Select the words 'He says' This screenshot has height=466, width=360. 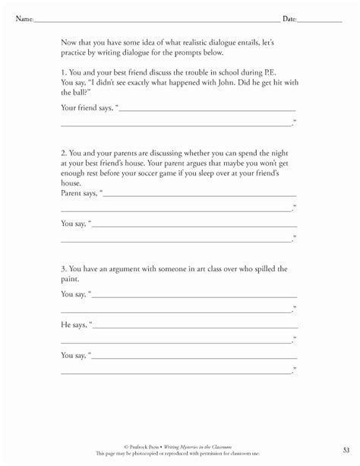pyautogui.click(x=74, y=324)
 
